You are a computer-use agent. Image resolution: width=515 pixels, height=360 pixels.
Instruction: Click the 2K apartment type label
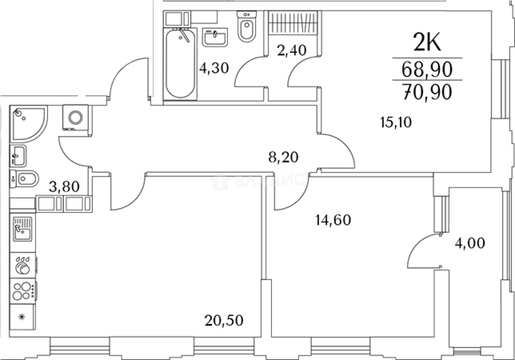tap(427, 43)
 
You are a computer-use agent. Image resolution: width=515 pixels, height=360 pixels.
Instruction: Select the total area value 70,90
tap(427, 92)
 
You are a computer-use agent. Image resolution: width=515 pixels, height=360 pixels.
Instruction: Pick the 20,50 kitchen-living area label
tap(224, 319)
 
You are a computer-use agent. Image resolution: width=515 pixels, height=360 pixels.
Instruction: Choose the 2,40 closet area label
tap(292, 51)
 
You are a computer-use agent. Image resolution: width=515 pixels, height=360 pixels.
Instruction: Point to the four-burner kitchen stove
tap(23, 291)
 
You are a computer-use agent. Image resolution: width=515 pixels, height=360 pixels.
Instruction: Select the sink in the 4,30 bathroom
tap(215, 37)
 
